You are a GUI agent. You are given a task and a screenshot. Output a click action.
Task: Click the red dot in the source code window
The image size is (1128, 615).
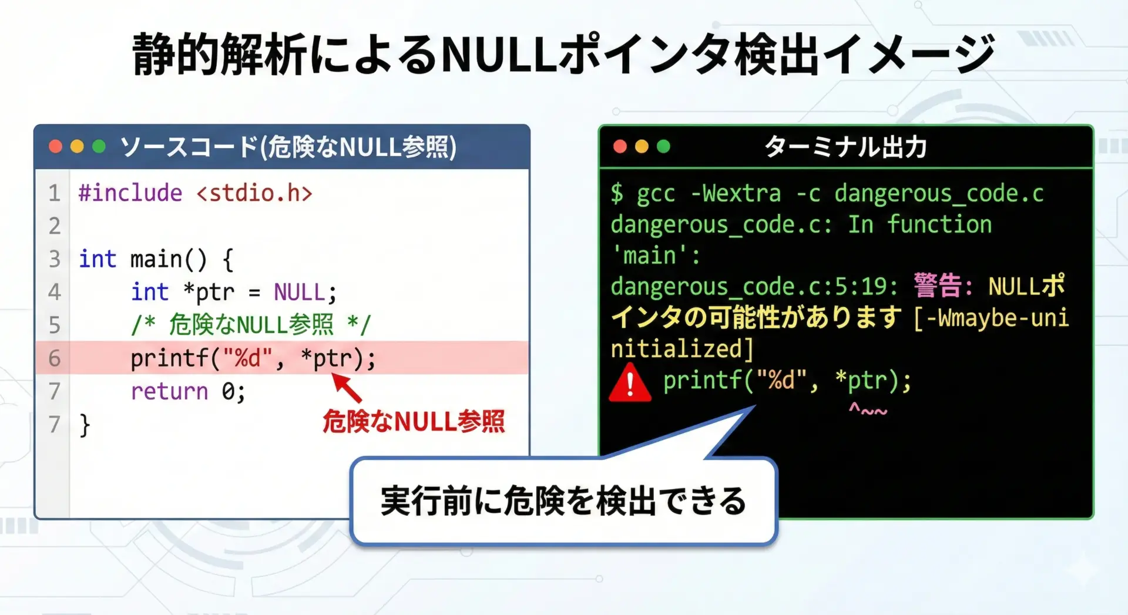tap(55, 146)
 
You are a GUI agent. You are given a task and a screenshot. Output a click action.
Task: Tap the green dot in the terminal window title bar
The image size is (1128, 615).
tap(663, 146)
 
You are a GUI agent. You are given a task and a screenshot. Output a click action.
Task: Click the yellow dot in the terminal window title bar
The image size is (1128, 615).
tap(642, 146)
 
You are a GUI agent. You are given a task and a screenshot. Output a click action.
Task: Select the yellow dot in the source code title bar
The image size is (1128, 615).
tap(77, 146)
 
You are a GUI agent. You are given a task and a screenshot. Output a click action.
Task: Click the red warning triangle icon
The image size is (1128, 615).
tap(630, 383)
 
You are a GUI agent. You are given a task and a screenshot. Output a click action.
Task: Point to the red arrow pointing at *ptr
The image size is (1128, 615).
tap(347, 388)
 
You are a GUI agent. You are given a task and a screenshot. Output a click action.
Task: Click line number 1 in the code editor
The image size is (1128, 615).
tap(55, 193)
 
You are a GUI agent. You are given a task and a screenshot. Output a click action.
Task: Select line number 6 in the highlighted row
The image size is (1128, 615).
tap(55, 358)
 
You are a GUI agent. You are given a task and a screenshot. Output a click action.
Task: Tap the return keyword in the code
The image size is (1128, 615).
tap(169, 391)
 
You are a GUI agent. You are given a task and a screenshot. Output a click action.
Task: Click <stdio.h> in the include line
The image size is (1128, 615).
tap(254, 193)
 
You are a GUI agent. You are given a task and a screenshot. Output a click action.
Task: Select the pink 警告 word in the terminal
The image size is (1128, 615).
tap(938, 286)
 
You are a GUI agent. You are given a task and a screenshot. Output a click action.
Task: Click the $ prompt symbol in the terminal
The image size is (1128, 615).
tap(617, 193)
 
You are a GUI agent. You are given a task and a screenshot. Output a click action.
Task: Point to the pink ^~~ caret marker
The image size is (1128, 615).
tap(868, 409)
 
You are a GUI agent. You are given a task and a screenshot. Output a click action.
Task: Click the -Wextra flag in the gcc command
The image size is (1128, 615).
tap(736, 193)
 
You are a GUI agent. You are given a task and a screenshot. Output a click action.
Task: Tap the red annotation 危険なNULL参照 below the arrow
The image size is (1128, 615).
tap(414, 421)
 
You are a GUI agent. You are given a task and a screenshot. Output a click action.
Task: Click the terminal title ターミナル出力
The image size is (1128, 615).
tap(846, 147)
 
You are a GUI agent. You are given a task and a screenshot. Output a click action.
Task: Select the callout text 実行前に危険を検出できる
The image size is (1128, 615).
tap(563, 501)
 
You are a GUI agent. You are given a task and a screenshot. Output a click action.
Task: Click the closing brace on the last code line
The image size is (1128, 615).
tap(85, 425)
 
